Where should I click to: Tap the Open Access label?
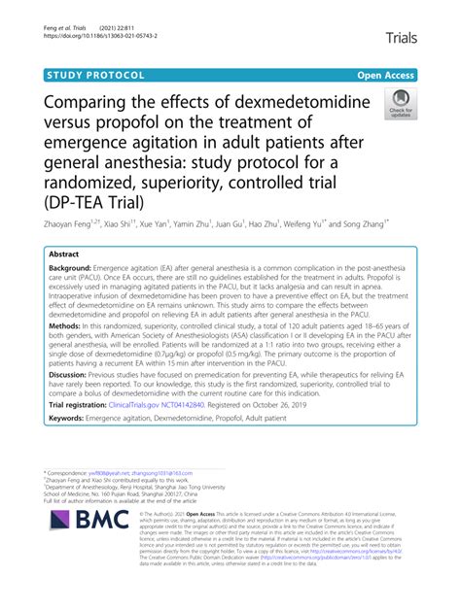[386, 74]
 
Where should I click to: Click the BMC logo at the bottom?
[87, 568]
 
